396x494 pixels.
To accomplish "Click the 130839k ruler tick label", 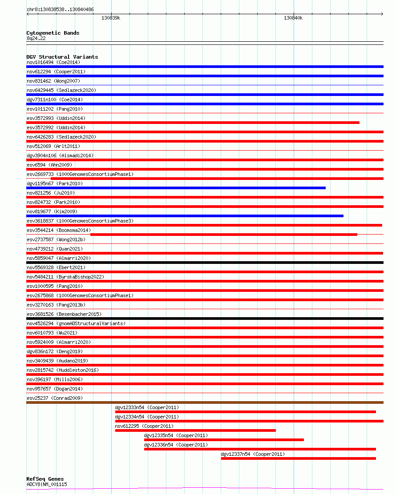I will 111,18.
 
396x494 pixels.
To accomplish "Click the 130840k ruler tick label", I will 293,18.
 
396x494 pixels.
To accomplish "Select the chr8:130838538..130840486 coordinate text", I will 60,9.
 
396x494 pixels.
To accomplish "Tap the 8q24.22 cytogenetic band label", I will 36,38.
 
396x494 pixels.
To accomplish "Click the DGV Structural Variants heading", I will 62,57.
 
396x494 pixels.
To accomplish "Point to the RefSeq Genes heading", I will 45,479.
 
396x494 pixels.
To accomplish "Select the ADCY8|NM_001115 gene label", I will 47,484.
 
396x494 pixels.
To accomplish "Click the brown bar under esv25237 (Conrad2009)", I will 205,402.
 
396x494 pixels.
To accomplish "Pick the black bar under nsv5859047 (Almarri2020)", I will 205,263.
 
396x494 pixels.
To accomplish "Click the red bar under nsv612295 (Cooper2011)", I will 195,430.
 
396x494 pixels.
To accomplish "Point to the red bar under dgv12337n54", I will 299,458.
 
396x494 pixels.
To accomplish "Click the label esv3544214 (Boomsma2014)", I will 59,230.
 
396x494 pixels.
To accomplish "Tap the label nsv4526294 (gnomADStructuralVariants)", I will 76,323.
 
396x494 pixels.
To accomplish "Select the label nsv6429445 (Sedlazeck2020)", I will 61,90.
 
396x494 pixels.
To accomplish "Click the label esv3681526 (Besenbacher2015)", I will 64,314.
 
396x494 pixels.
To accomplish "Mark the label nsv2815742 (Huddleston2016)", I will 63,370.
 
